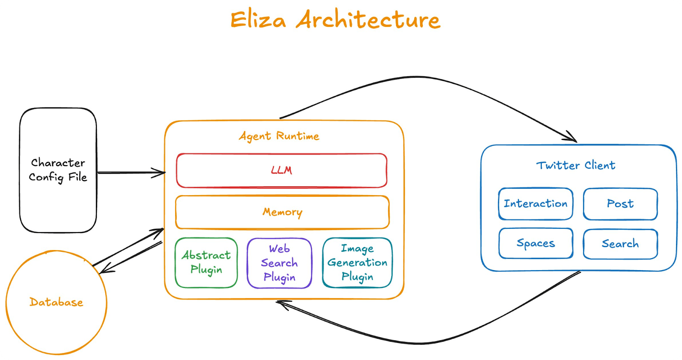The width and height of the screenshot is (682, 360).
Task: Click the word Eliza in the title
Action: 258,20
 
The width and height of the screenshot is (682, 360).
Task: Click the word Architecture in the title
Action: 368,20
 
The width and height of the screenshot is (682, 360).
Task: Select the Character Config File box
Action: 58,170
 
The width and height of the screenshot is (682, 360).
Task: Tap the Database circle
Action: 56,302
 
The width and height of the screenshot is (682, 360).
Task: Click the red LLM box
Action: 281,170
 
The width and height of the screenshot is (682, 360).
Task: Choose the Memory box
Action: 282,212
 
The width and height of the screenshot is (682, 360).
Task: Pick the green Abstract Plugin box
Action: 206,262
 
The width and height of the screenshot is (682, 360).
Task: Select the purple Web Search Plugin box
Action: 279,263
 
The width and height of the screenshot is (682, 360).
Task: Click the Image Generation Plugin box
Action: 357,263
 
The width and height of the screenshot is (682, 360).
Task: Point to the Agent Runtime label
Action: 279,136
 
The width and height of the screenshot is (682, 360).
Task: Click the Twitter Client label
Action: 575,165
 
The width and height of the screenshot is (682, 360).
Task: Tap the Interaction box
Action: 535,204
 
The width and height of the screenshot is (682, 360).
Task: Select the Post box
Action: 620,204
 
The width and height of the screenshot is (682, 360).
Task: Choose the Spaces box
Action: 536,243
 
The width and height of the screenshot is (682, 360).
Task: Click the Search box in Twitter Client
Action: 620,244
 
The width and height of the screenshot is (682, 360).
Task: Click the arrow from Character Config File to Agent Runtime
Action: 130,173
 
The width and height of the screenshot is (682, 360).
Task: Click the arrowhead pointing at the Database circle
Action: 104,269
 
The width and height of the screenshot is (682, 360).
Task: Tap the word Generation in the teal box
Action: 357,262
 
